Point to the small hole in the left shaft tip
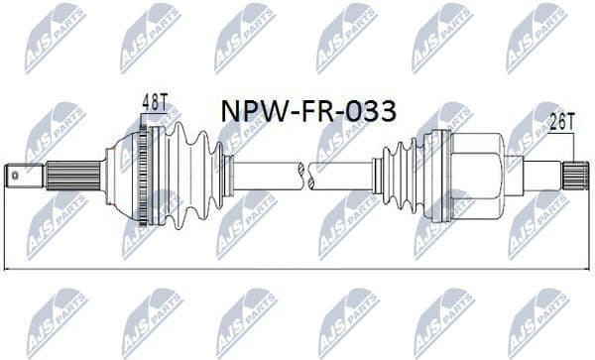pyautogui.click(x=16, y=178)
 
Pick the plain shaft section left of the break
pyautogui.click(x=263, y=177)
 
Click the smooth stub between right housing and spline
pyautogui.click(x=540, y=177)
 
